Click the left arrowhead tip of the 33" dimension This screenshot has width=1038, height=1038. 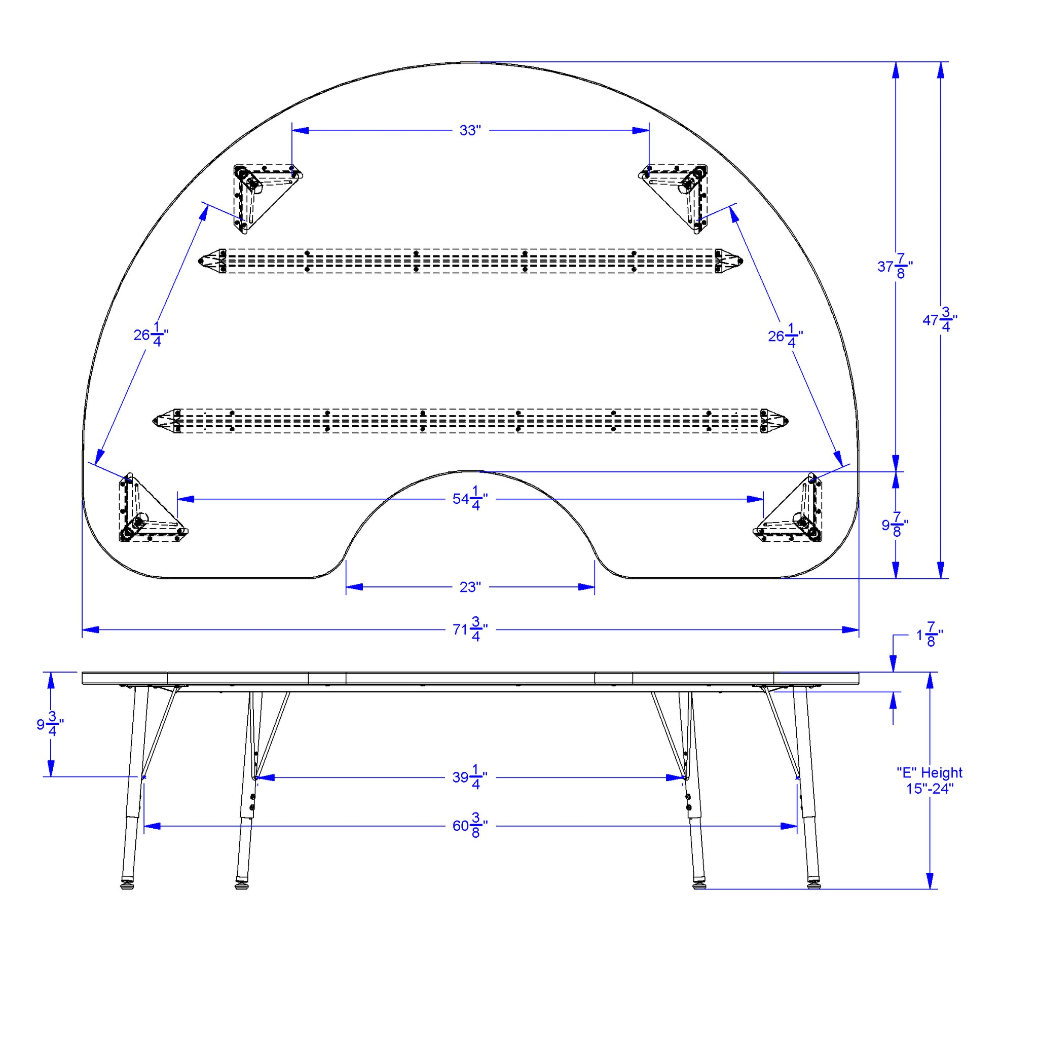pyautogui.click(x=292, y=131)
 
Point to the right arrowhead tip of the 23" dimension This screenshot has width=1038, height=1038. pyautogui.click(x=594, y=587)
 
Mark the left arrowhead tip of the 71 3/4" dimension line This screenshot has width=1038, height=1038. pyautogui.click(x=82, y=629)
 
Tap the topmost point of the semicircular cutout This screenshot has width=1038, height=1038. pyautogui.click(x=471, y=471)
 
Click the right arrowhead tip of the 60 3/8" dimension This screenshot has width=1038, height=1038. pyautogui.click(x=797, y=826)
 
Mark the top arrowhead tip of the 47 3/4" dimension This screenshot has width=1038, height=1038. pyautogui.click(x=941, y=62)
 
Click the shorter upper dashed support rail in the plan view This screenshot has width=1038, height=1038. pyautogui.click(x=471, y=261)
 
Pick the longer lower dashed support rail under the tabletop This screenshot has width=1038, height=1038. pyautogui.click(x=471, y=421)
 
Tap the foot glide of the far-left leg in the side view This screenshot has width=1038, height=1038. pyautogui.click(x=127, y=884)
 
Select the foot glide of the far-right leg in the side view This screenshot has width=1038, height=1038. pyautogui.click(x=814, y=884)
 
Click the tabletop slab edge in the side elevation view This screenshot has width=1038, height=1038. pyautogui.click(x=471, y=678)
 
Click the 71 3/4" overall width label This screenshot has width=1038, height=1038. pyautogui.click(x=470, y=629)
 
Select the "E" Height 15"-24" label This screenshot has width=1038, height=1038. pyautogui.click(x=930, y=781)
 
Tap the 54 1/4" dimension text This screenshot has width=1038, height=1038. pyautogui.click(x=470, y=499)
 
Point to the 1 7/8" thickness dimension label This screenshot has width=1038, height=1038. pyautogui.click(x=930, y=635)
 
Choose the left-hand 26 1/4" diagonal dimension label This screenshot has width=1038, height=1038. pyautogui.click(x=151, y=335)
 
